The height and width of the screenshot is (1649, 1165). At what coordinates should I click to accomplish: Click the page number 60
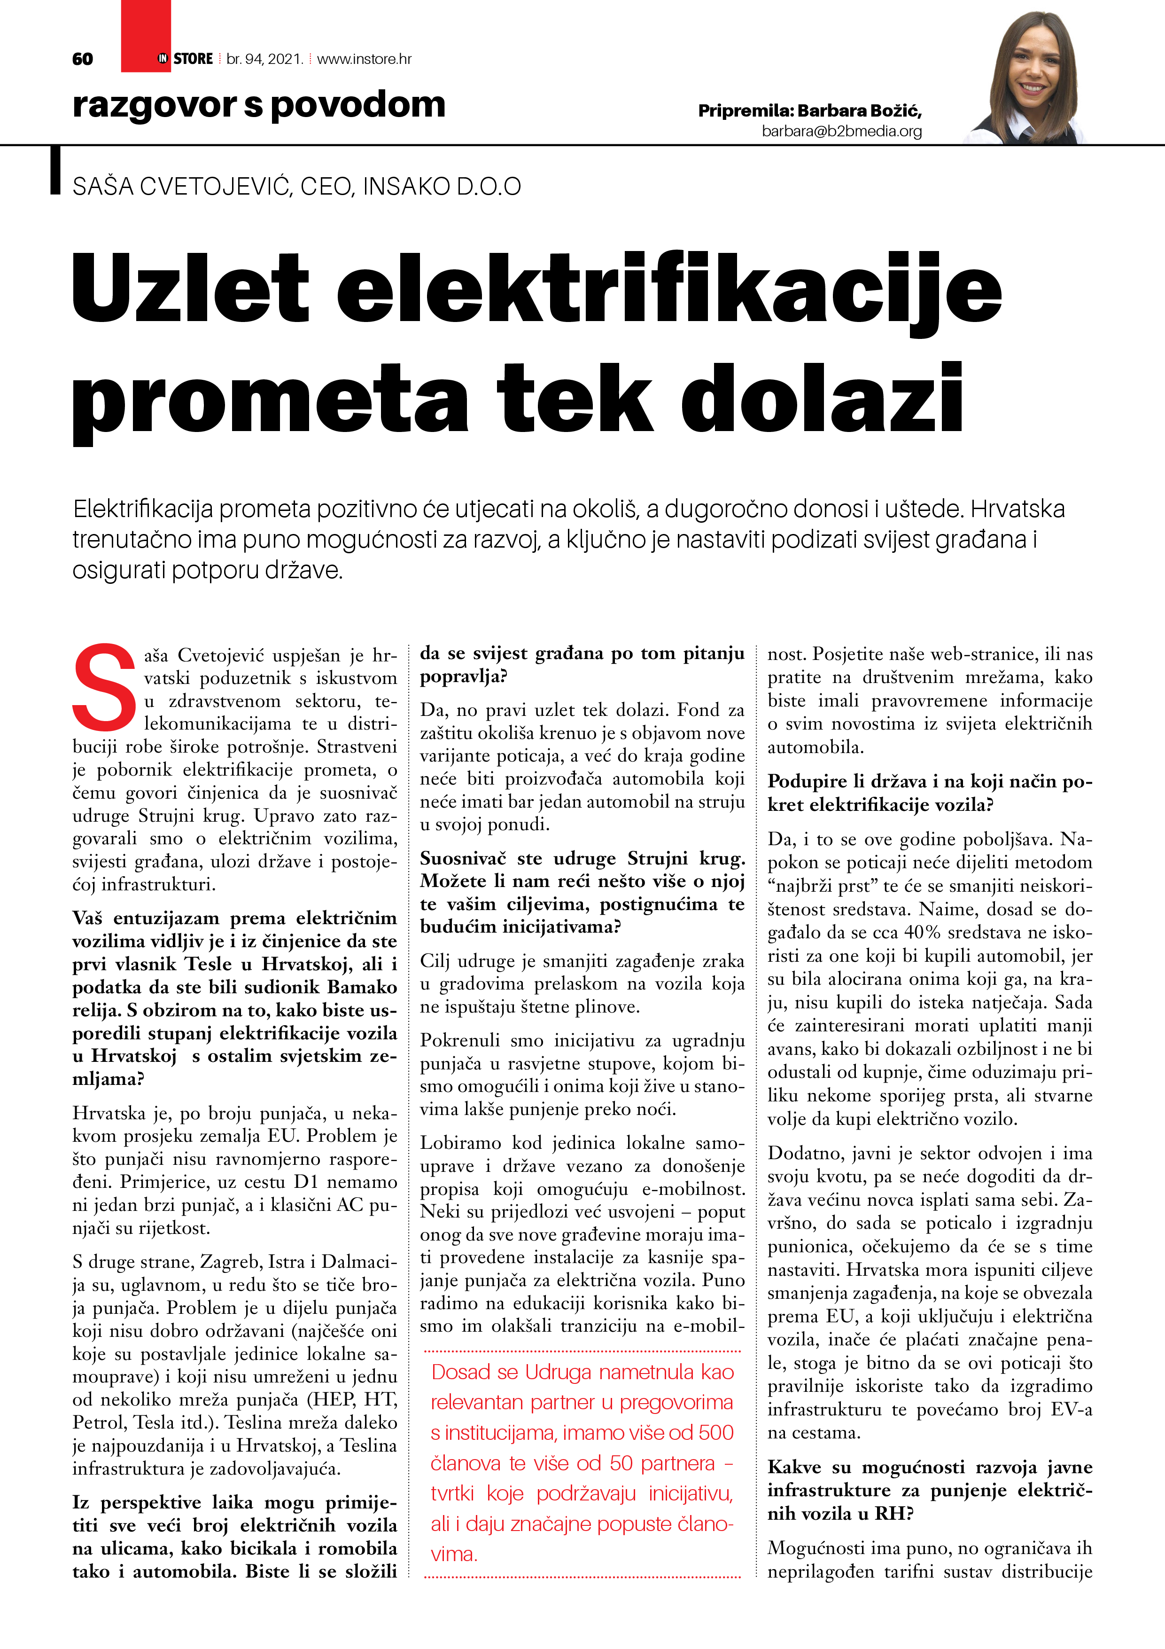tap(83, 59)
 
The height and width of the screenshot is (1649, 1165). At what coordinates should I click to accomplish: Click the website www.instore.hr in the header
tap(364, 59)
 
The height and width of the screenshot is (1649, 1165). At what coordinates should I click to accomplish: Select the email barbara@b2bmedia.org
tap(841, 132)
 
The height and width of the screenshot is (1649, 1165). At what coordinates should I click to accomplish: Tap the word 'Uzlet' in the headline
tap(190, 287)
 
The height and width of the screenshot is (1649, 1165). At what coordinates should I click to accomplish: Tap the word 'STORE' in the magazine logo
tap(193, 59)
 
